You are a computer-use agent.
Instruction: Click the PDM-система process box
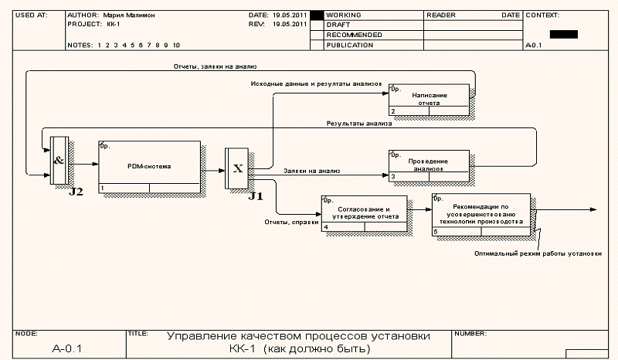coord(148,167)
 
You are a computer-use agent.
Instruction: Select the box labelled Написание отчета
coord(429,99)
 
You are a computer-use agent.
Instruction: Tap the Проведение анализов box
coord(429,165)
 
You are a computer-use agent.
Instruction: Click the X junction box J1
coord(238,168)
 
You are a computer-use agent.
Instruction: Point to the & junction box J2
coord(59,161)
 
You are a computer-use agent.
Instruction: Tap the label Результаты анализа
coord(358,124)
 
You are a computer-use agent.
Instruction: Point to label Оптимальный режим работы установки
coord(538,253)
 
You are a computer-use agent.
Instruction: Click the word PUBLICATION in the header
coord(350,46)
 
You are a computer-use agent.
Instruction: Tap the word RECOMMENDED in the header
coord(354,36)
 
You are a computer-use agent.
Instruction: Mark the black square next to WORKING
coord(315,15)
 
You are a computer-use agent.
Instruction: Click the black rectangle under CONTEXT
coord(563,34)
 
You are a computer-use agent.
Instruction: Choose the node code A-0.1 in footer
coord(67,348)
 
